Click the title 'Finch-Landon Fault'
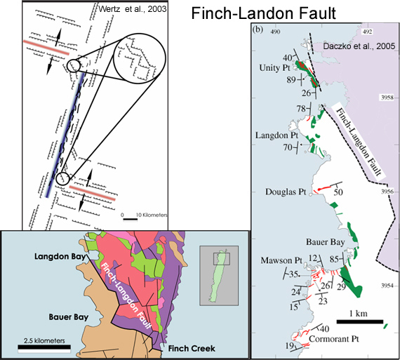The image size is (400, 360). [264, 13]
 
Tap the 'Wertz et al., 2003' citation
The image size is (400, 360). [133, 9]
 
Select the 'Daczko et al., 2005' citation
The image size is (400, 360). [359, 46]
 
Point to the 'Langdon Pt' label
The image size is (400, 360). [276, 135]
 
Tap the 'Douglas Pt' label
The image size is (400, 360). [286, 192]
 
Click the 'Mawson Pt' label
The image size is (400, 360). [281, 260]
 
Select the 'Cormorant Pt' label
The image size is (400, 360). [334, 339]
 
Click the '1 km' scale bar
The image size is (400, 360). [360, 321]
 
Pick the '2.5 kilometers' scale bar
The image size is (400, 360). [44, 347]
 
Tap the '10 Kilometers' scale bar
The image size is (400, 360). [131, 219]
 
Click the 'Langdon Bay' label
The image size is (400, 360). [60, 256]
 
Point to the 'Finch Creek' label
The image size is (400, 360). [192, 349]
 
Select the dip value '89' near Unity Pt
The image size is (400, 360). [291, 80]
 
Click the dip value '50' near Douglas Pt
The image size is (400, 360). [338, 192]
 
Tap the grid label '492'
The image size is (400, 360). [367, 32]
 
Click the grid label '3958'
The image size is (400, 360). [387, 98]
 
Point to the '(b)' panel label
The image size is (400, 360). [258, 29]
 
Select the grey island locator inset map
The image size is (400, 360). [219, 276]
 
